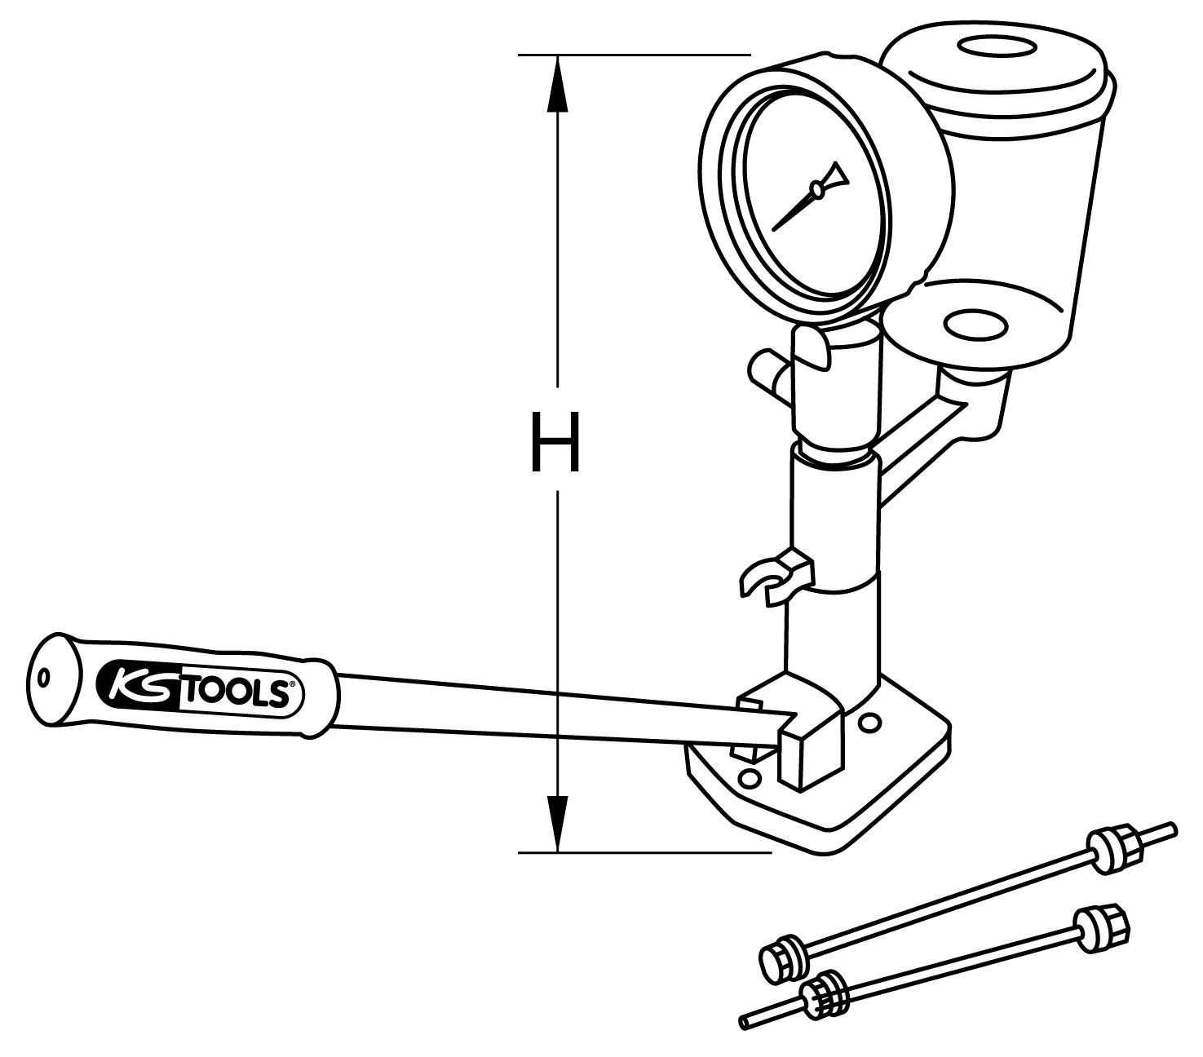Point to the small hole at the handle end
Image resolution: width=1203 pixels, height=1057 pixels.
pyautogui.click(x=44, y=678)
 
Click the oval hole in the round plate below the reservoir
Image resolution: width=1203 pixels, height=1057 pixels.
pyautogui.click(x=975, y=324)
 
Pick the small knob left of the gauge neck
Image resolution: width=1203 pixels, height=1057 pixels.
pyautogui.click(x=765, y=366)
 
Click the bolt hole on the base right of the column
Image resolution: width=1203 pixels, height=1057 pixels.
pyautogui.click(x=869, y=722)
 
